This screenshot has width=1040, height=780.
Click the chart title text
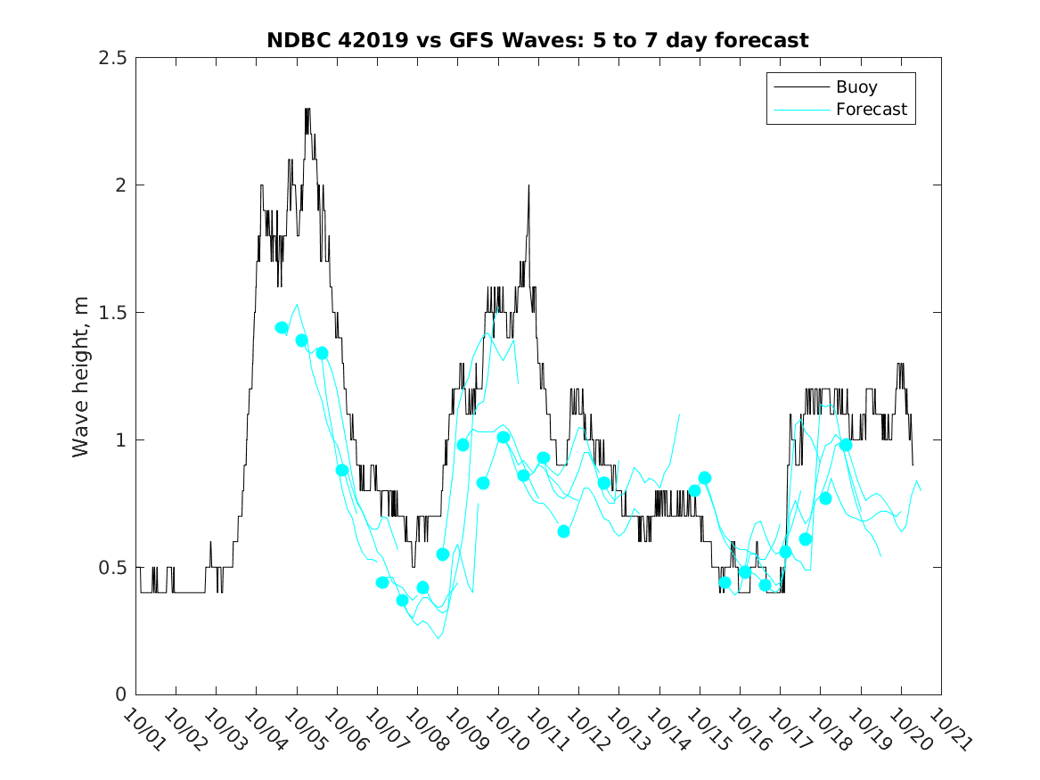pos(537,40)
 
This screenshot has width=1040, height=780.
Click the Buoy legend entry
pos(856,87)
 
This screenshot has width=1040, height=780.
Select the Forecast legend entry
pos(871,110)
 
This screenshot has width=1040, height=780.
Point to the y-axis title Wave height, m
pos(81,376)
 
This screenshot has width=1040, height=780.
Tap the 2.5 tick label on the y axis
pos(112,58)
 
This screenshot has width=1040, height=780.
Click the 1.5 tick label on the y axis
pos(112,313)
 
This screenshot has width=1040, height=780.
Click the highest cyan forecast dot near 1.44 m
pos(282,328)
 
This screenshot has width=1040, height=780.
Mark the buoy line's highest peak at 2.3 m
pos(307,110)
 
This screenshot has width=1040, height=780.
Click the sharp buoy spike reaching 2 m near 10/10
pos(528,186)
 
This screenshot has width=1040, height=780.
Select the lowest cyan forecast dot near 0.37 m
pos(402,600)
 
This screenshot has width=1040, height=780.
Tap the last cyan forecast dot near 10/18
pos(846,445)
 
